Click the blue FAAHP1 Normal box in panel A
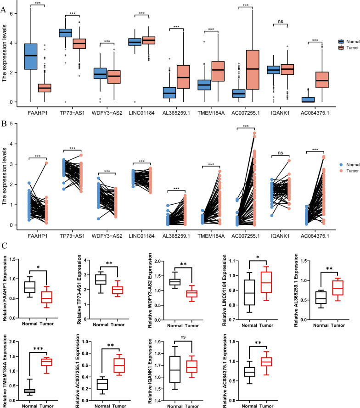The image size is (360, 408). [x=30, y=56]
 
